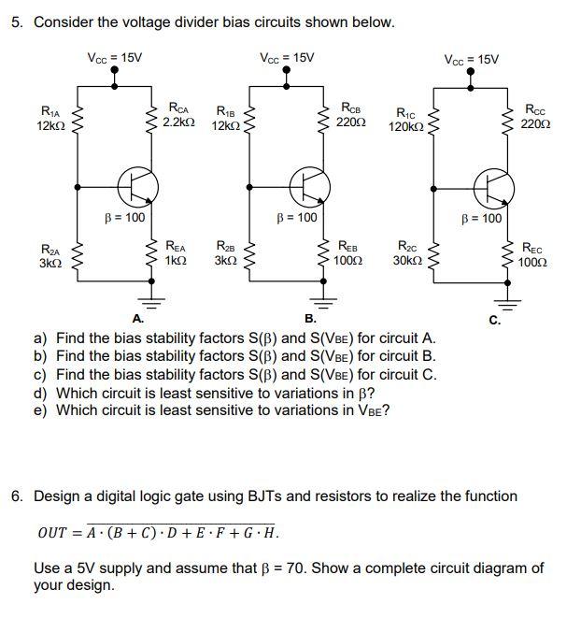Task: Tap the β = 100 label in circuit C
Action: (x=482, y=219)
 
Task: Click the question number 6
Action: (x=17, y=496)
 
